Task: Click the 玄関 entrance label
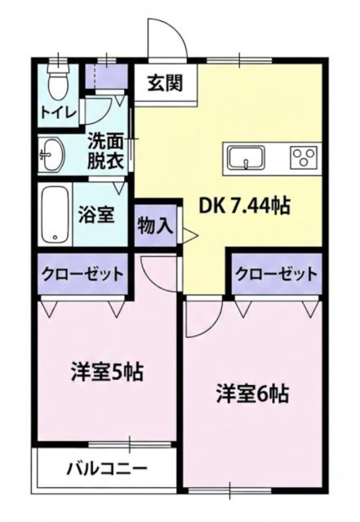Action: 165,82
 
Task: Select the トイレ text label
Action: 58,112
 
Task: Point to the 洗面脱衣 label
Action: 106,151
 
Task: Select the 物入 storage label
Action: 155,225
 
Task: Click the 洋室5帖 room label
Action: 104,372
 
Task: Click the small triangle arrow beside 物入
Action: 189,237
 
